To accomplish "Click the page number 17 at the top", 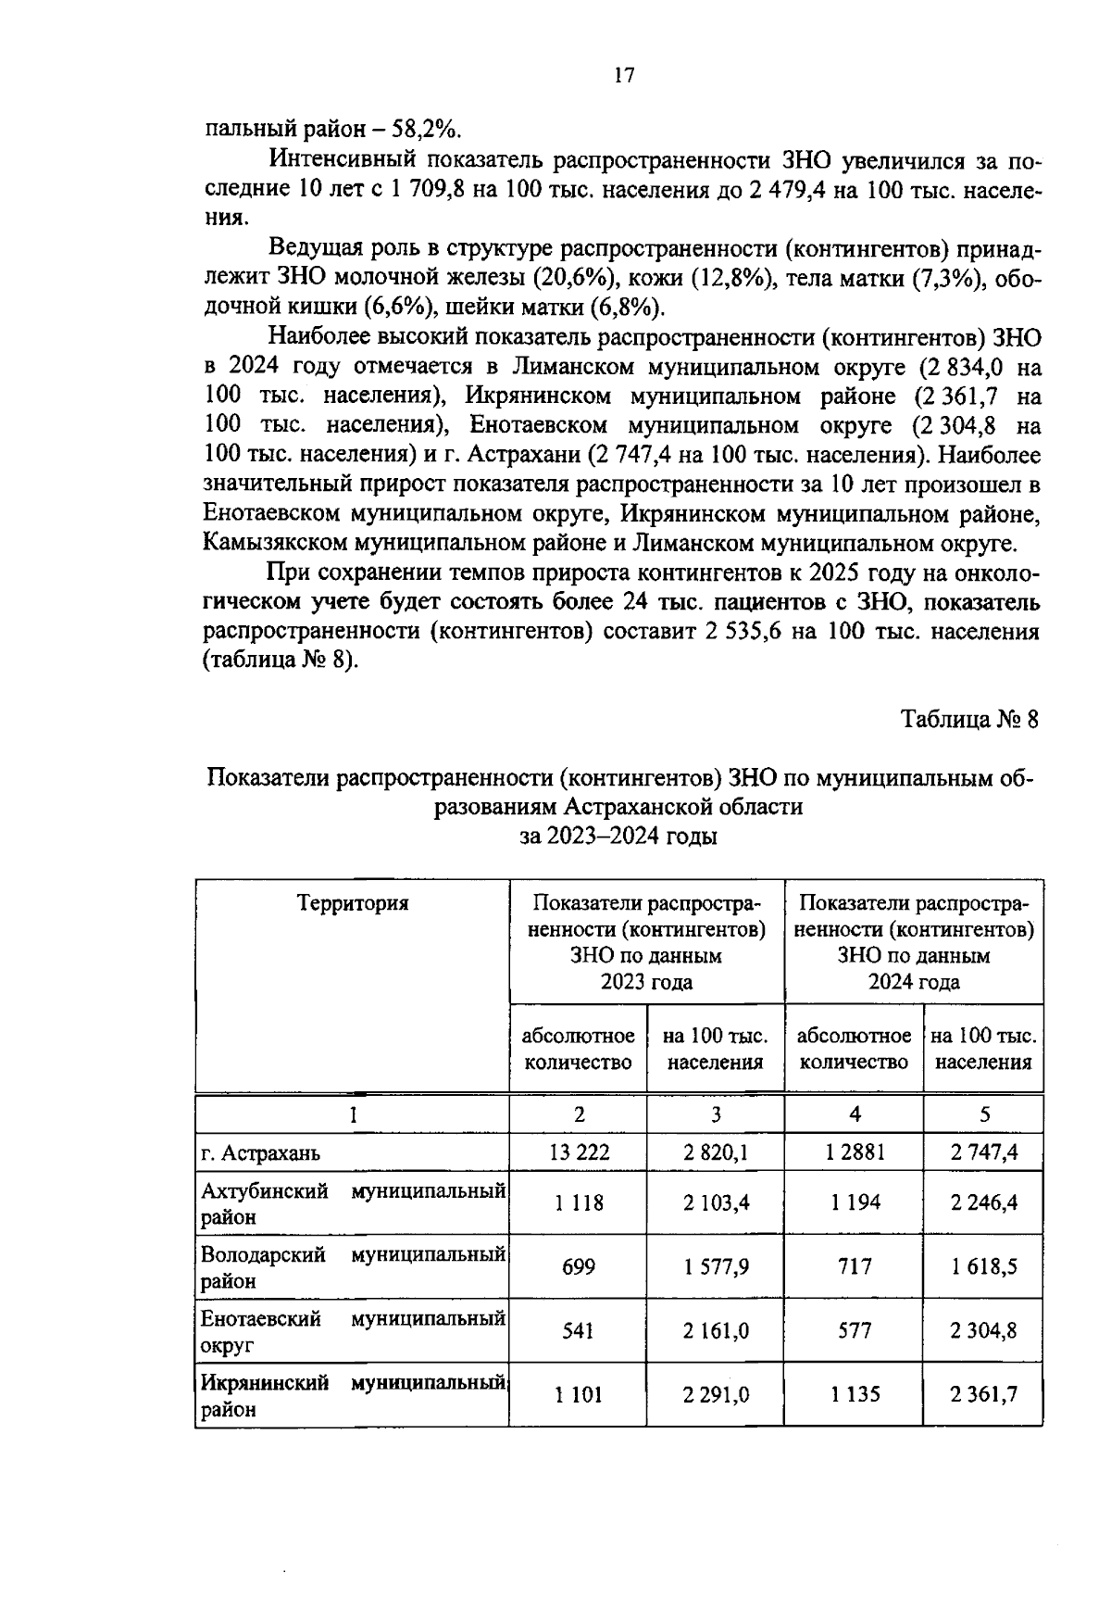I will [623, 76].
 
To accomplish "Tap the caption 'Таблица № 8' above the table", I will [971, 720].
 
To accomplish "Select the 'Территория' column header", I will [352, 902].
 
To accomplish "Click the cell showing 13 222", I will [579, 1152].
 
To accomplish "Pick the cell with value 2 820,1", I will [716, 1152].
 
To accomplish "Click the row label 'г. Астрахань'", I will [261, 1154].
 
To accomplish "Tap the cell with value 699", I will [579, 1265].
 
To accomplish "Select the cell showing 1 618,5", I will [983, 1265].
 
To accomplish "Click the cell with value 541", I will [579, 1330].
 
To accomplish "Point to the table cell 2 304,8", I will [983, 1330].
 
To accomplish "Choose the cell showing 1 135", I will [855, 1394].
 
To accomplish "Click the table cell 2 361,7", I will [983, 1394].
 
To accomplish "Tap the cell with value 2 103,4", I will [716, 1202].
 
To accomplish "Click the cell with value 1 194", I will [855, 1202].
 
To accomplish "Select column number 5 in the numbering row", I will [984, 1114].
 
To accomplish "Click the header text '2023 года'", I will [646, 981].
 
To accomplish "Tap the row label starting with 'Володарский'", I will [263, 1255].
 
